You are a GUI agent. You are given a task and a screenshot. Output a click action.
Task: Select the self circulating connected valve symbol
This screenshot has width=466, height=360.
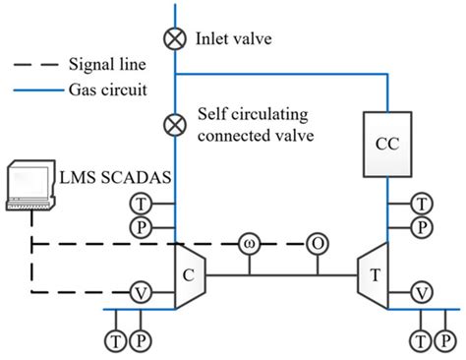tap(176, 125)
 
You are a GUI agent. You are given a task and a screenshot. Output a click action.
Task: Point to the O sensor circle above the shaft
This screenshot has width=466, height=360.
tap(317, 244)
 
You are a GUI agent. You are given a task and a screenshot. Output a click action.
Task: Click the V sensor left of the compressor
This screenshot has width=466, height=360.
tap(141, 292)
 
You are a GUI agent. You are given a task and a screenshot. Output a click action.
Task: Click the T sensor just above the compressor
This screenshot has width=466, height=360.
tap(141, 204)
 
